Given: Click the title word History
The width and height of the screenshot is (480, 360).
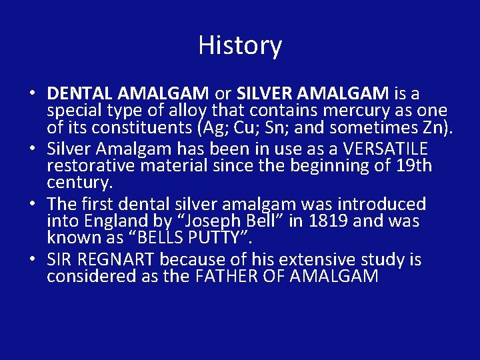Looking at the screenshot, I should pos(240,46).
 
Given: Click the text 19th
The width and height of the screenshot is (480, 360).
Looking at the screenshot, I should pos(414,165).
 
